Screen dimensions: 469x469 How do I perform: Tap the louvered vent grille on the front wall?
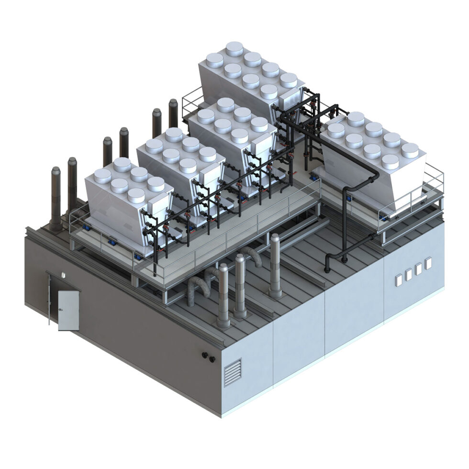click(233, 371)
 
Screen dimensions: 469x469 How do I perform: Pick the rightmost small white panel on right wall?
click(428, 263)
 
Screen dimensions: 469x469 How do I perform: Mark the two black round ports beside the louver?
click(207, 356)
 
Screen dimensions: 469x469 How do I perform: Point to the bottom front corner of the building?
click(222, 415)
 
